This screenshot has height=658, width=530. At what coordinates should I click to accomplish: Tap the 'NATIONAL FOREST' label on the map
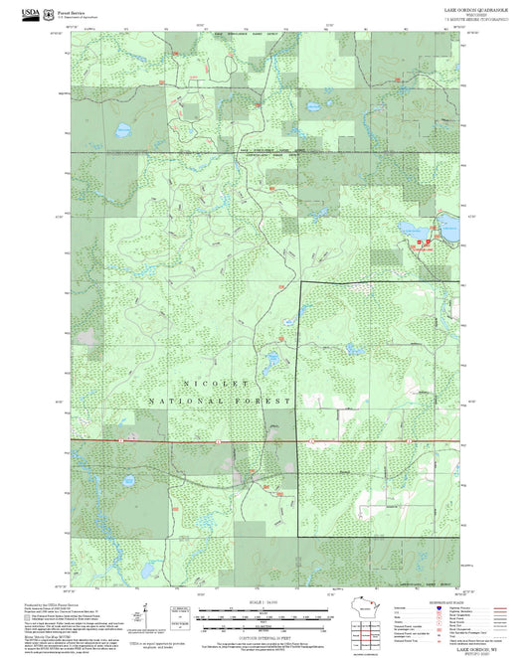(220, 400)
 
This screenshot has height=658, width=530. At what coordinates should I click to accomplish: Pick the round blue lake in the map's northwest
(123, 129)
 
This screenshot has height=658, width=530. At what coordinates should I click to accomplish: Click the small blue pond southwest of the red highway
(128, 481)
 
